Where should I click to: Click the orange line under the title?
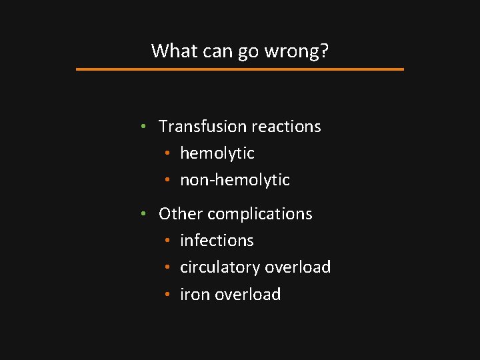[240, 69]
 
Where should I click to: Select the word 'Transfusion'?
[201, 126]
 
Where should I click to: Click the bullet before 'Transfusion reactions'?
[144, 127]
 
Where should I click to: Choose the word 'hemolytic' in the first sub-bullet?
[217, 153]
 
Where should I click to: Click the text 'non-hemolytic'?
[235, 180]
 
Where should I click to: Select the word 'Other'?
[181, 214]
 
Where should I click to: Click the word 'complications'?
[260, 214]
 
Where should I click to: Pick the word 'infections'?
[217, 241]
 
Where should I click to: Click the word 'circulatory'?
[220, 267]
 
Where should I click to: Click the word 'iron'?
[195, 295]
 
